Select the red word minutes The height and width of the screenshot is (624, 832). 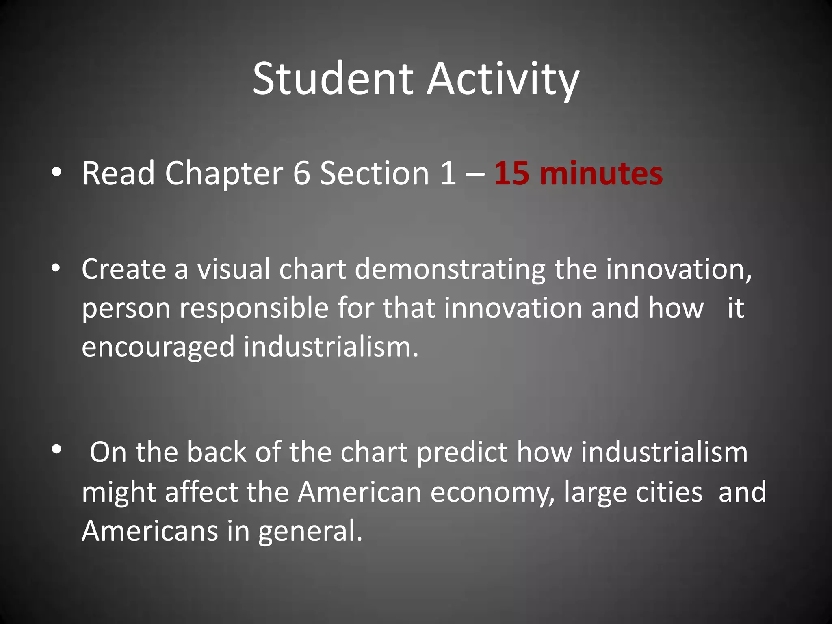[601, 173]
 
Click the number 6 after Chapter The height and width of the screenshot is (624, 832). [301, 173]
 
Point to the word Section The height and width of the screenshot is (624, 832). [374, 173]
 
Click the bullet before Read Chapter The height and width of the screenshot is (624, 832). [56, 173]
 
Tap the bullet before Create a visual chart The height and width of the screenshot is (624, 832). [56, 268]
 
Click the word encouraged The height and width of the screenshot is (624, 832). [158, 348]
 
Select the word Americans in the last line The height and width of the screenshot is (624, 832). [150, 531]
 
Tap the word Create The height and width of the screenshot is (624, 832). [123, 269]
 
